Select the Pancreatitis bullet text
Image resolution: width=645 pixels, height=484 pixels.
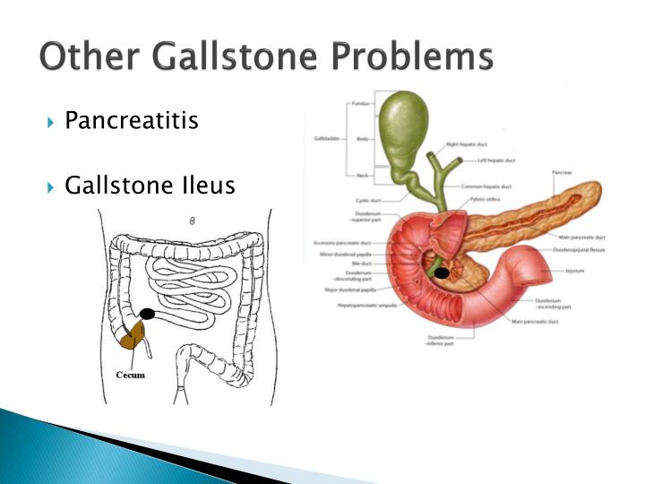(132, 121)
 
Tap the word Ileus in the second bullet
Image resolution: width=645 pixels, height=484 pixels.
(209, 186)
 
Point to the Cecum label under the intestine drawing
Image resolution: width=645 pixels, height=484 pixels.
(129, 375)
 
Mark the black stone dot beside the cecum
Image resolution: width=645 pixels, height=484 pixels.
(148, 313)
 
